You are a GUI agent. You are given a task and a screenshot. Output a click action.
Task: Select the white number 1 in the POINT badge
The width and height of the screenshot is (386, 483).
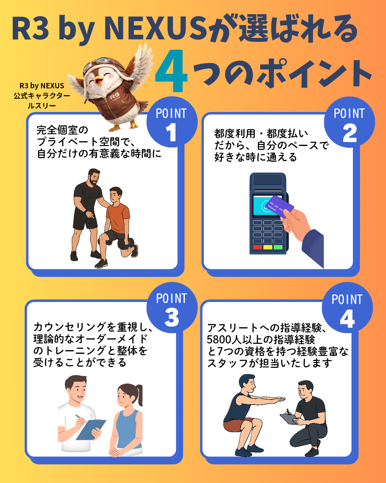tap(171, 132)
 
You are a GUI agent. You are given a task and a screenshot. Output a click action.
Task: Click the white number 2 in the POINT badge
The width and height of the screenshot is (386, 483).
tap(350, 133)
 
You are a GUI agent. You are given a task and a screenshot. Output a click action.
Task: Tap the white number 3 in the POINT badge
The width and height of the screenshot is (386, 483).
tap(172, 317)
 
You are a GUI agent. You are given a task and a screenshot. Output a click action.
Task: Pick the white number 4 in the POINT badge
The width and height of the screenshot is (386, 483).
tap(347, 318)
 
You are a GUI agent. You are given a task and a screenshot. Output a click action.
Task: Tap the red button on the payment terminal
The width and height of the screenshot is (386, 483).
tap(257, 247)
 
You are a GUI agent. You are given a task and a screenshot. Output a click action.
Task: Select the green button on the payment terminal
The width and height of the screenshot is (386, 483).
tap(278, 247)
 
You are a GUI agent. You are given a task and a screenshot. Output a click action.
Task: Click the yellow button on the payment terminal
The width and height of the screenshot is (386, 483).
tap(268, 247)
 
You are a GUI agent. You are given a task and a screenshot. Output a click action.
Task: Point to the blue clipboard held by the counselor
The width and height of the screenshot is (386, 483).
tap(91, 430)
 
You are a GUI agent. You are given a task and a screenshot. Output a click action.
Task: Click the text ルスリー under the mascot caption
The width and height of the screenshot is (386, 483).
tap(42, 106)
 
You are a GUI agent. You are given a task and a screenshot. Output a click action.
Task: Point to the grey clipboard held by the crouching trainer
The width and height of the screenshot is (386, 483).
tap(288, 419)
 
